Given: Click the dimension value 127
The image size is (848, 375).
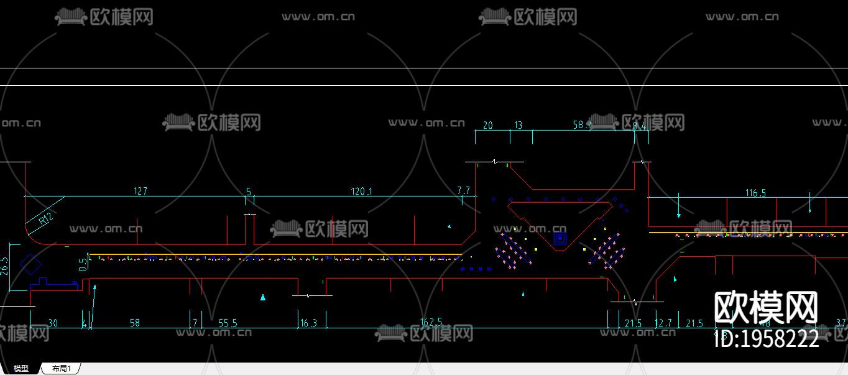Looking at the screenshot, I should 141,191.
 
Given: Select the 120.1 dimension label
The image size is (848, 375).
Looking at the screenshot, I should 361,191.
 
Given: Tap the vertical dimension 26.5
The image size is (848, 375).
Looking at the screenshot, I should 5,266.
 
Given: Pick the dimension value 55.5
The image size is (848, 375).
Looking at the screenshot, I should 228,323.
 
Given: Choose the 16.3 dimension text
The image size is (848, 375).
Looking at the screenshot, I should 308,323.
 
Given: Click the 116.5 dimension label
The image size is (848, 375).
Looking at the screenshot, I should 755,193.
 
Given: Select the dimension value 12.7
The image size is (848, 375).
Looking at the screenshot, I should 663,323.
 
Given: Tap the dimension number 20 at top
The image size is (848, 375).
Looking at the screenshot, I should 487,125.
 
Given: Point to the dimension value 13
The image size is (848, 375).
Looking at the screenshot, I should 518,125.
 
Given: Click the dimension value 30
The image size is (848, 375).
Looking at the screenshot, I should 53,323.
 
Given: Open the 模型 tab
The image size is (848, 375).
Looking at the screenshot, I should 21,369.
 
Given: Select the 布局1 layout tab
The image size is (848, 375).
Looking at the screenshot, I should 61,369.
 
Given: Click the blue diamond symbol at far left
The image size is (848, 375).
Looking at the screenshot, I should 29,264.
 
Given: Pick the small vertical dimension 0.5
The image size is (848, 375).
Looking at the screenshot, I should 83,264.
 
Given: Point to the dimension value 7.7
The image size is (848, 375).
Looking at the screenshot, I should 464,190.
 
